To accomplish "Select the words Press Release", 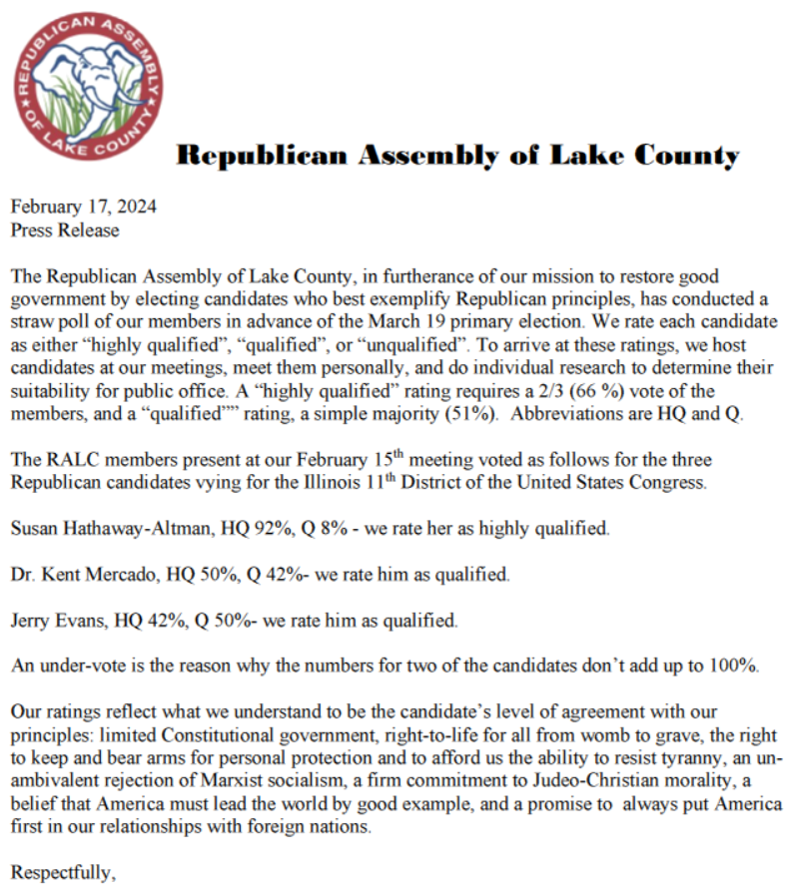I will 65,230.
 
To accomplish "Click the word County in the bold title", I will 678,157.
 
